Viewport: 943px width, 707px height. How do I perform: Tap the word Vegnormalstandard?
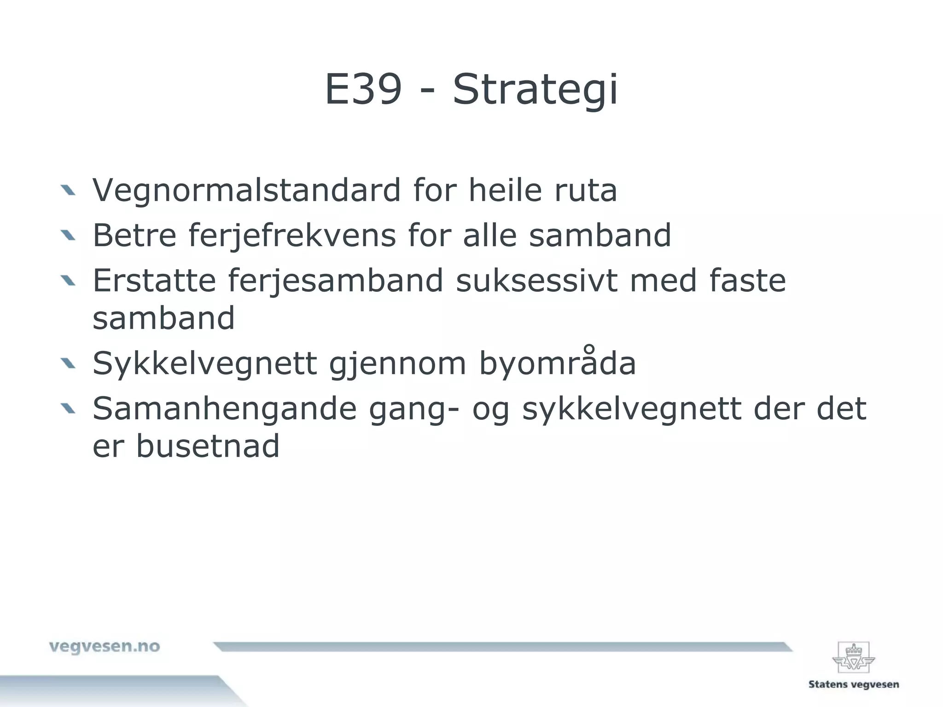tap(247, 190)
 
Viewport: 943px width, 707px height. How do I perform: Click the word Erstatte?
tap(154, 280)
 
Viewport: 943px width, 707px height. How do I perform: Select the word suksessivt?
tap(536, 280)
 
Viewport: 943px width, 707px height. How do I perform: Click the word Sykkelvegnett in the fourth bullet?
tap(204, 364)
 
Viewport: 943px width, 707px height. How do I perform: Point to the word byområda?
tap(557, 364)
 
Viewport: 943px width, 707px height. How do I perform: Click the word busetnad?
tap(208, 446)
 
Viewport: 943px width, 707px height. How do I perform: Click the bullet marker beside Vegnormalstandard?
tap(68, 190)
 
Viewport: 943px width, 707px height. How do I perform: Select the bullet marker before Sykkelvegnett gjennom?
tap(68, 364)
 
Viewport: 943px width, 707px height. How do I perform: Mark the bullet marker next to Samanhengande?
tap(68, 408)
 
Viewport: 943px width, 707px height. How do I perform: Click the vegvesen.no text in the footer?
tap(105, 647)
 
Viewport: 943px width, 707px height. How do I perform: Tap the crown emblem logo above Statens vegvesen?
tap(853, 658)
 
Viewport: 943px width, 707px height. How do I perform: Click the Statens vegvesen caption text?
tap(853, 684)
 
